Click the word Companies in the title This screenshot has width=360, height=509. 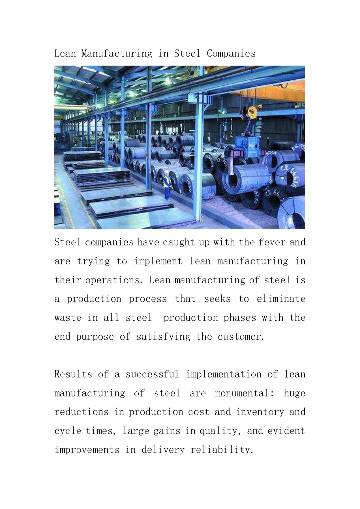point(231,53)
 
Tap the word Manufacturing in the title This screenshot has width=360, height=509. point(117,53)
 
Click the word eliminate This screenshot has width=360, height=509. point(281,299)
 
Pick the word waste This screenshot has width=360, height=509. point(68,318)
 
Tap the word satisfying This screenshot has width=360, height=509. point(163,337)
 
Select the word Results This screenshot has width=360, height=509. point(73,374)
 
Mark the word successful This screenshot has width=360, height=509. point(152,374)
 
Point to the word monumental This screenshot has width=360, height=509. point(244,393)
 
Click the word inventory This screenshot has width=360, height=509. point(260,412)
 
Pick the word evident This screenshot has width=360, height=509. point(286,431)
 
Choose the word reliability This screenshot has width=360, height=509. point(222,450)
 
